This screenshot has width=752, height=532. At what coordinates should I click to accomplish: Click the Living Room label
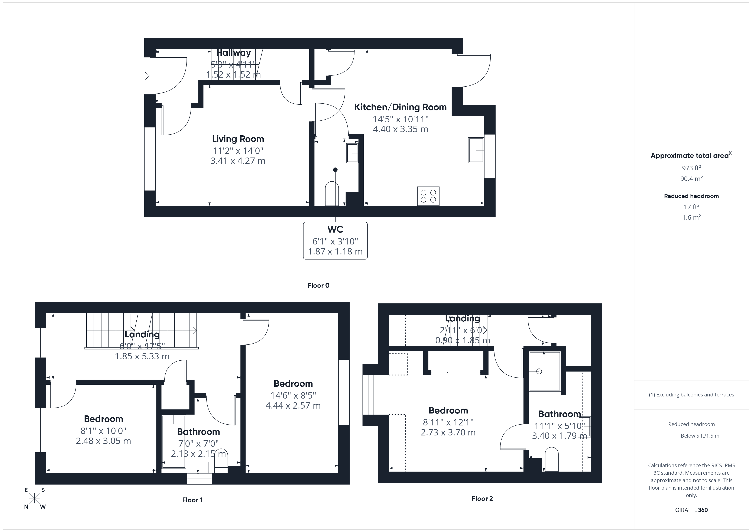click(x=238, y=139)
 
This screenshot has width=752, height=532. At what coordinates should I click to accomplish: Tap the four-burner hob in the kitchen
click(x=428, y=196)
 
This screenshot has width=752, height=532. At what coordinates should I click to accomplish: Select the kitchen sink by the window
click(x=476, y=150)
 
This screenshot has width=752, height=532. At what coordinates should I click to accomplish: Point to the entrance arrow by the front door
click(x=145, y=76)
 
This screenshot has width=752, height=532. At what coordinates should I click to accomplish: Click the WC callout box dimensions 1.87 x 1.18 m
click(x=335, y=251)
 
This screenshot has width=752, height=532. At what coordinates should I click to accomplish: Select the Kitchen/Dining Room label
click(x=400, y=107)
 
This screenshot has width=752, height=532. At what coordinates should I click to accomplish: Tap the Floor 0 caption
click(x=318, y=285)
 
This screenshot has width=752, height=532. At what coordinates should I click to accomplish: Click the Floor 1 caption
click(x=192, y=500)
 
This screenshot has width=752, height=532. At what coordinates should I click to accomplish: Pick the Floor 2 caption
click(x=482, y=499)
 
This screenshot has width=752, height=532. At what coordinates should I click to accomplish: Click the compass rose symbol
click(x=34, y=499)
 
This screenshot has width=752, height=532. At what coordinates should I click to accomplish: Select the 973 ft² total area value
click(x=691, y=168)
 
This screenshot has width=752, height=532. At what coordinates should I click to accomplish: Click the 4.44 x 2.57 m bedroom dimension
click(x=293, y=406)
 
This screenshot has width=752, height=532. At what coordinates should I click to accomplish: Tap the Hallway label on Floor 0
click(x=233, y=53)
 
